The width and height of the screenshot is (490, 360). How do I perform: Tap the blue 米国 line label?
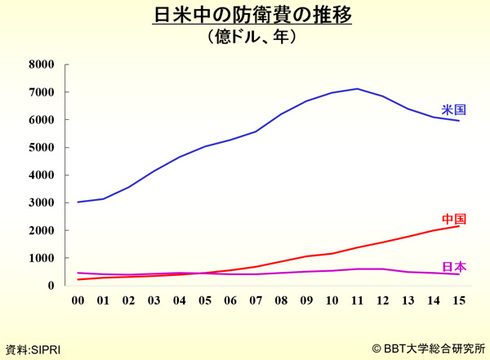click(x=454, y=109)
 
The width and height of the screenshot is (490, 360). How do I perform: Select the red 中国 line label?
click(x=454, y=219)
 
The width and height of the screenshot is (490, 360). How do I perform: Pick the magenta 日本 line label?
click(x=454, y=267)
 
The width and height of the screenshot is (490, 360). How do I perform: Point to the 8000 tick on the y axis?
click(x=40, y=64)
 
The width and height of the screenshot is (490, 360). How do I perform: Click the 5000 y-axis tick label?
click(x=40, y=148)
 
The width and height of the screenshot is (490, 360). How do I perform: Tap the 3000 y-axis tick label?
click(x=40, y=202)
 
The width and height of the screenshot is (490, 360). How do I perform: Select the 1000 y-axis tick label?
click(x=40, y=258)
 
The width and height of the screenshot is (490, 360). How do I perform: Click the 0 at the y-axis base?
click(x=50, y=286)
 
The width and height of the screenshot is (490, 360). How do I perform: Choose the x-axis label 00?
click(x=78, y=300)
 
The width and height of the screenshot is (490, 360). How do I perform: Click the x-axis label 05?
click(x=204, y=300)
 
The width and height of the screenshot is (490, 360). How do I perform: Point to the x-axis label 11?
click(x=356, y=300)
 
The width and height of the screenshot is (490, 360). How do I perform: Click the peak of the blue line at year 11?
click(x=356, y=88)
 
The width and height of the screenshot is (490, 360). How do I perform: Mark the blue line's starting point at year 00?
click(x=78, y=202)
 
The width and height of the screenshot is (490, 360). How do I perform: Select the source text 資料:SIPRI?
click(x=33, y=349)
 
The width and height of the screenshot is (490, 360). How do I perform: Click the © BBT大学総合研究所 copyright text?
click(x=428, y=349)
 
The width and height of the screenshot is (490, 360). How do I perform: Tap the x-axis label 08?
click(x=280, y=300)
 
